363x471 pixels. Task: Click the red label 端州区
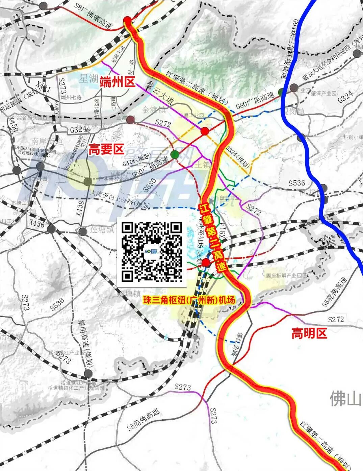coord(117,81)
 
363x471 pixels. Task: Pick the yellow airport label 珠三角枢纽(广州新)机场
coord(189,300)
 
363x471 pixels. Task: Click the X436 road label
coord(37,223)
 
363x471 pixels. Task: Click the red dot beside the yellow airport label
coord(205,262)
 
